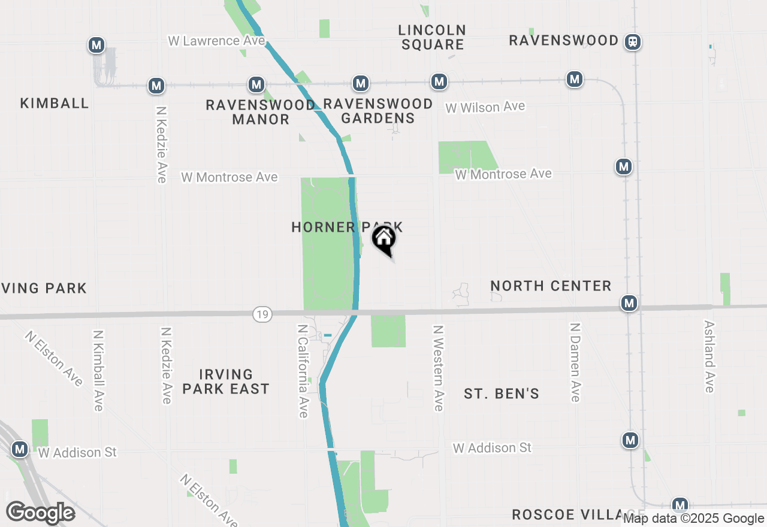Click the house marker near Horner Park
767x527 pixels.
tap(384, 240)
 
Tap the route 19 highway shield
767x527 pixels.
tap(262, 314)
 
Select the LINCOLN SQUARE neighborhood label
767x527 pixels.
tap(432, 37)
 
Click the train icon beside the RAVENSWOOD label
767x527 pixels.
tap(632, 42)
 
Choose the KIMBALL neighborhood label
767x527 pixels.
tap(55, 103)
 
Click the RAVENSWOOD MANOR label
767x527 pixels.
tap(261, 112)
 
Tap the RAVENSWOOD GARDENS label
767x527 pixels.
tap(378, 111)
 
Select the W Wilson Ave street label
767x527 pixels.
tap(485, 107)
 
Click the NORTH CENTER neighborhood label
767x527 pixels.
tap(551, 286)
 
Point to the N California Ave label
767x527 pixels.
tap(303, 371)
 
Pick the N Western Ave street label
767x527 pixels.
tap(439, 368)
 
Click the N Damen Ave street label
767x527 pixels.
tap(575, 362)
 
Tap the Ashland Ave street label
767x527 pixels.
tap(709, 356)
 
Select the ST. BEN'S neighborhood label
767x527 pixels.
tap(502, 393)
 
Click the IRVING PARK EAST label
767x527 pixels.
tap(226, 381)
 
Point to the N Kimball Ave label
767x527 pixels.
tap(99, 371)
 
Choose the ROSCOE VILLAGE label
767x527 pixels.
tap(569, 515)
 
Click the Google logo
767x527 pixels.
tap(40, 513)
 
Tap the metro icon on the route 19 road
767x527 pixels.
tap(629, 304)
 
